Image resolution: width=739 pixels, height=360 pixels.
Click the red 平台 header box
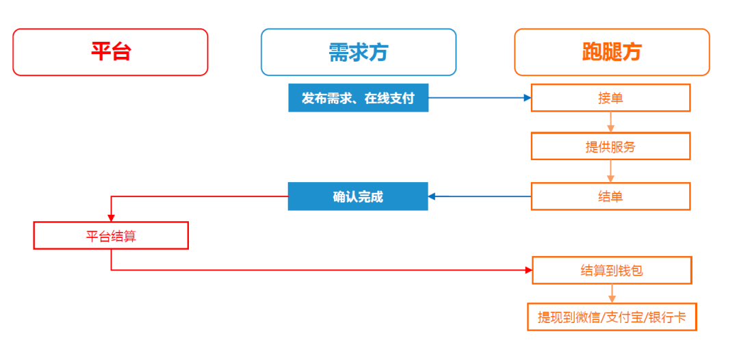110,52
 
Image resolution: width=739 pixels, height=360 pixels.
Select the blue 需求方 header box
358,52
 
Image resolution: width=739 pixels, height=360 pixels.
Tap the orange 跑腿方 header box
612,52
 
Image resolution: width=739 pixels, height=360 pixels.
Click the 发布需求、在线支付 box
358,98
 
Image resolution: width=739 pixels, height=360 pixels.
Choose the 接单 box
610,98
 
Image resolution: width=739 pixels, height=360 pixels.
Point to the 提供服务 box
610,146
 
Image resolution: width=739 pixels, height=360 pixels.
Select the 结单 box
610,196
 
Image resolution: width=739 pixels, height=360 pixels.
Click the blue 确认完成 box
358,196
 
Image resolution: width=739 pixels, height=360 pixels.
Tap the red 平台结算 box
111,236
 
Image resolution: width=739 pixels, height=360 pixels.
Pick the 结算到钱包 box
612,270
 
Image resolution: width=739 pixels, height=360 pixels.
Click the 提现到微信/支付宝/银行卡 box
612,318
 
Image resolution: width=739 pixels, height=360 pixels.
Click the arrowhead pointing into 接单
527,98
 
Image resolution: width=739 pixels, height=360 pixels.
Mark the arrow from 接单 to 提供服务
610,123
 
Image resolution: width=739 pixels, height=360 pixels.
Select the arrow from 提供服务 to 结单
610,172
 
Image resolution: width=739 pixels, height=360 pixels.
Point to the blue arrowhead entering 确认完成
432,196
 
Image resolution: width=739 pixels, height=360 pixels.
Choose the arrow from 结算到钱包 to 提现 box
612,294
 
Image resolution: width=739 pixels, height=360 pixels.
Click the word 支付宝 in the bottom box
626,318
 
